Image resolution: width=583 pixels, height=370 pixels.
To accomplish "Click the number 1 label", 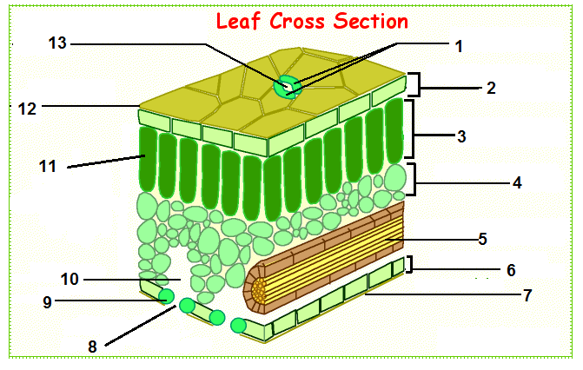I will (460, 47).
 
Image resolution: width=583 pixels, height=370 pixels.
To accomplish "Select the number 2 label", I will (491, 88).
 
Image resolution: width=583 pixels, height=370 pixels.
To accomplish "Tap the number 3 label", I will (461, 136).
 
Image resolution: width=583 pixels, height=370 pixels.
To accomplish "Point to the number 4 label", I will (516, 184).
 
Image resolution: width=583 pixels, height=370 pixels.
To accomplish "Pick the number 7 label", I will (527, 296).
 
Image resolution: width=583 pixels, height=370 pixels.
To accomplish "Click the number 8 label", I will (93, 346).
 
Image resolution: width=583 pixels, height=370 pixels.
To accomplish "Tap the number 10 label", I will (71, 279).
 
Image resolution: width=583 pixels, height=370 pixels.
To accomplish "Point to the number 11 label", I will (48, 166).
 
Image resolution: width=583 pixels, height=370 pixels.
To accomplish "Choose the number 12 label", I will (27, 108).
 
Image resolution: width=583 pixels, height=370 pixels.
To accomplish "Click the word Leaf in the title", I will (241, 20).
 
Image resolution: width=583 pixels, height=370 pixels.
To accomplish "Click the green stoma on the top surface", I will (286, 86).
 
